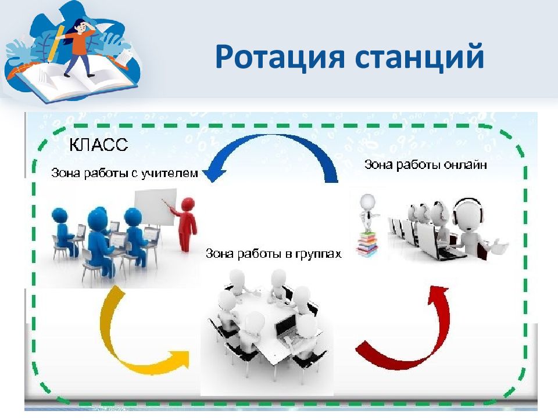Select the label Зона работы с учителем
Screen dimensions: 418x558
point(124,173)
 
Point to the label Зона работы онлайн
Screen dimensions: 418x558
point(425,164)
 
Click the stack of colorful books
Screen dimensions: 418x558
point(366,244)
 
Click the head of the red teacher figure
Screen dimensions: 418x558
point(187,204)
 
